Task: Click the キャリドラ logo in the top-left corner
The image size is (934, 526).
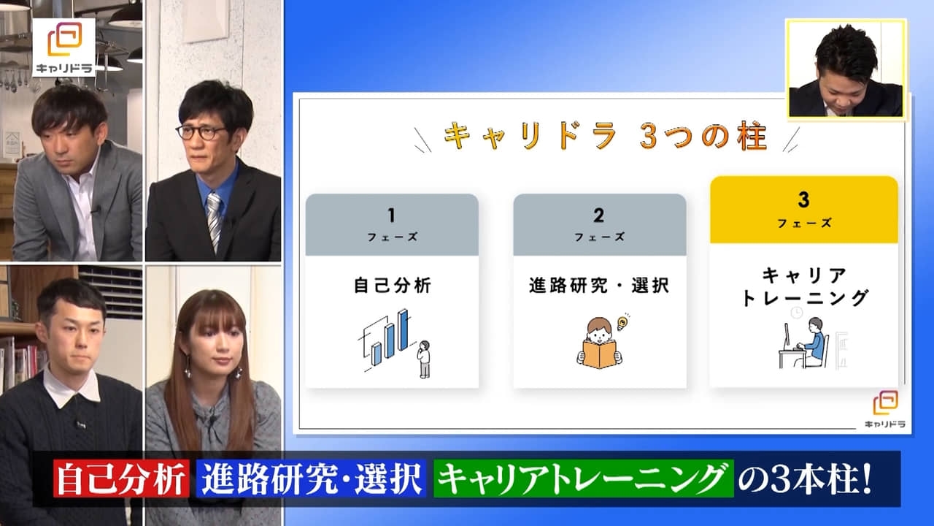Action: pyautogui.click(x=64, y=47)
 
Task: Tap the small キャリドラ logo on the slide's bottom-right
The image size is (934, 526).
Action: pyautogui.click(x=885, y=410)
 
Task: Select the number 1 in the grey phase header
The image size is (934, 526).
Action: pyautogui.click(x=391, y=216)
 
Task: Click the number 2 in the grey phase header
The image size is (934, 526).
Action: pyautogui.click(x=599, y=216)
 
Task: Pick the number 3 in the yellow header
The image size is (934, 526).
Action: pyautogui.click(x=803, y=199)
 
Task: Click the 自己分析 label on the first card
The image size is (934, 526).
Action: pyautogui.click(x=392, y=286)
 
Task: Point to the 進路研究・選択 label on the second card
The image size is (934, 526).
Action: pyautogui.click(x=599, y=286)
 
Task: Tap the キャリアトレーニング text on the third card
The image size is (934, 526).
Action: pyautogui.click(x=804, y=287)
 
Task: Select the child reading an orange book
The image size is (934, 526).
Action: pyautogui.click(x=600, y=344)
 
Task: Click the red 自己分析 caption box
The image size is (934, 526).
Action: pyautogui.click(x=121, y=479)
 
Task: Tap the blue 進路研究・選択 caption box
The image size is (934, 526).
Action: pyautogui.click(x=311, y=479)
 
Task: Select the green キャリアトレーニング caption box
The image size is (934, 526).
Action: pyautogui.click(x=583, y=479)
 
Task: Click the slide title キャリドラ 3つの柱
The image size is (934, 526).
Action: pyautogui.click(x=606, y=136)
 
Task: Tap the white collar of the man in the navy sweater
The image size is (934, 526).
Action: pyautogui.click(x=72, y=385)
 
